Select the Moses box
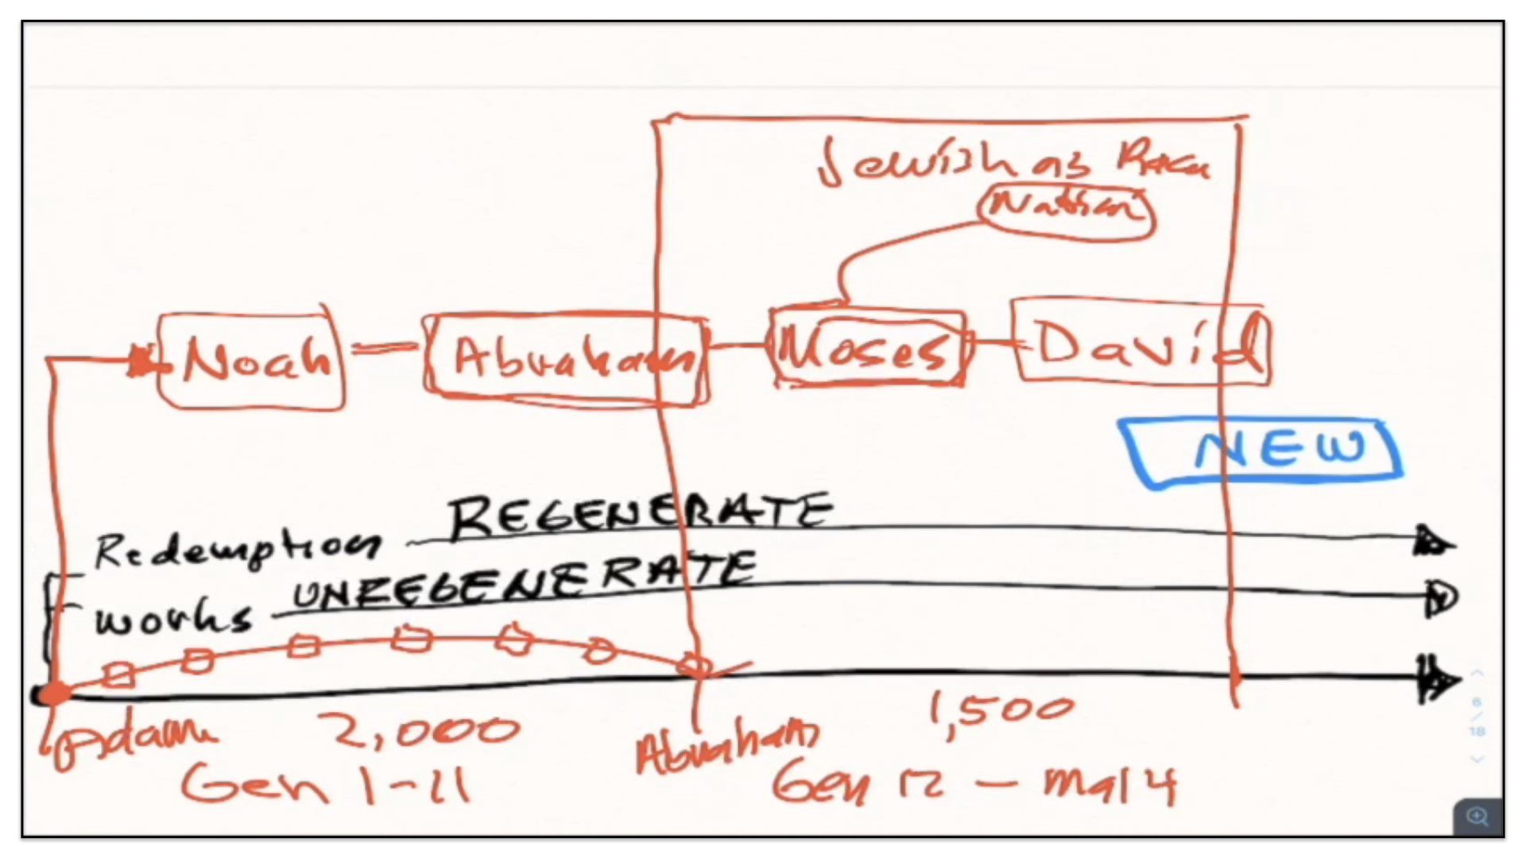868,348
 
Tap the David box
1141,343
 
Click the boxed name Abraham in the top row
566,359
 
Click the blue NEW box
1262,450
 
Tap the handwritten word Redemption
235,548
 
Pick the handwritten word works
172,617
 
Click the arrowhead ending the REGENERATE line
1435,543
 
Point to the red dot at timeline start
54,694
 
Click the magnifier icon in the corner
1478,817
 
